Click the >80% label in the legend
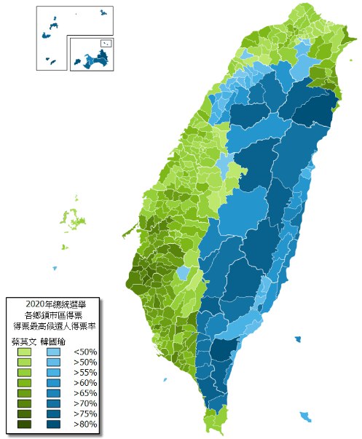85,424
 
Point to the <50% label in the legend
85,352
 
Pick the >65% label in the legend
85,393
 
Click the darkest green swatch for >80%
24,424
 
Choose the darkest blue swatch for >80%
52,424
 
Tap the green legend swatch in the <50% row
24,352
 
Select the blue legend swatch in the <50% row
52,352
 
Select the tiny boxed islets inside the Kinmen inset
106,44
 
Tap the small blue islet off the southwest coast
165,379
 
